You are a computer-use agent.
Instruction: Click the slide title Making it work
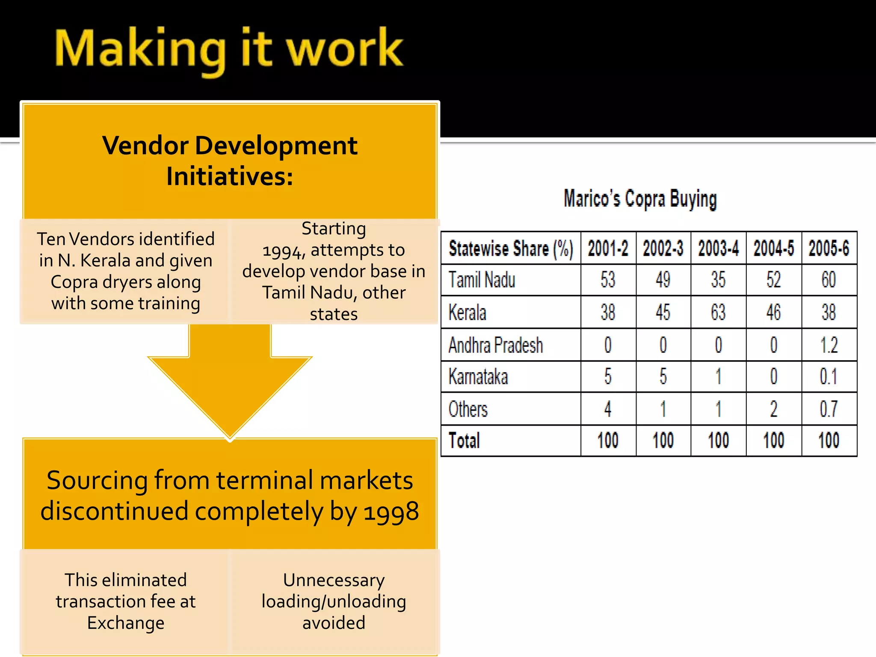point(229,49)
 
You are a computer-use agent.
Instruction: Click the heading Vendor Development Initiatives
point(230,161)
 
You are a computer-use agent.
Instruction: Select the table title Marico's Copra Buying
point(640,199)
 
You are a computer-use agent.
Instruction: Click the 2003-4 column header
point(718,249)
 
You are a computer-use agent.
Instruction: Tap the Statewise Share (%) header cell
point(511,249)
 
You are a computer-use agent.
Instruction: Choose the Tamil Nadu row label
point(482,280)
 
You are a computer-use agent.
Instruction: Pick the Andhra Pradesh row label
point(496,345)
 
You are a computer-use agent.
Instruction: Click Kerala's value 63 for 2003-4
point(718,312)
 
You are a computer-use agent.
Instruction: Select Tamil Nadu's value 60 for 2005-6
point(829,280)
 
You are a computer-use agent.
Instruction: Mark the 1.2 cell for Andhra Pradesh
point(829,345)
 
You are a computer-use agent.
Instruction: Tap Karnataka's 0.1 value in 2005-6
point(829,377)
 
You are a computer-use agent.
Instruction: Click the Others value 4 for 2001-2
point(608,409)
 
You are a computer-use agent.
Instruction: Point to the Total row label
point(464,441)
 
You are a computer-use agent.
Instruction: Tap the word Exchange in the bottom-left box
point(126,623)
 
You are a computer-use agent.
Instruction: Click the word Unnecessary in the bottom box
point(334,580)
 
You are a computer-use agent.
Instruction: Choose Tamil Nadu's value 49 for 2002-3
point(663,280)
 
